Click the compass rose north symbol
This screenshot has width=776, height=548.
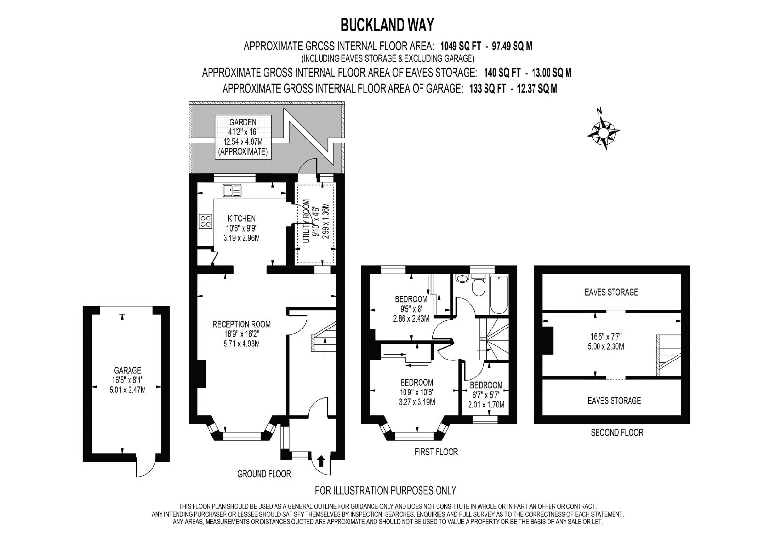pos(604,131)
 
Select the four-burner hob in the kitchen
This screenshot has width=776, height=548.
pos(206,221)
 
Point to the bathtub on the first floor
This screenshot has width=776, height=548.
pos(499,295)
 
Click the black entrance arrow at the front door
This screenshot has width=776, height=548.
pos(321,460)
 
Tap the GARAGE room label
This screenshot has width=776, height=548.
pos(128,370)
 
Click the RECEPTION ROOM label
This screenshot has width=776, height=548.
pos(242,324)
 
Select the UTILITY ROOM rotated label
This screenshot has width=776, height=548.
pos(306,221)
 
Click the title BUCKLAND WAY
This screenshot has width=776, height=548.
pos(388,25)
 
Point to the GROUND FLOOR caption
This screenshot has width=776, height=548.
pos(264,474)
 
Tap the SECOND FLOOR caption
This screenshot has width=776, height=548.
pos(617,432)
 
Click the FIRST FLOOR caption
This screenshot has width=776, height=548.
pos(436,452)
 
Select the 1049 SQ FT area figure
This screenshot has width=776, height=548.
pos(460,46)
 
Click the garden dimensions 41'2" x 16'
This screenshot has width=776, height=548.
pos(243,132)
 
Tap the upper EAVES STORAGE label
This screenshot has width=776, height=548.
pos(611,292)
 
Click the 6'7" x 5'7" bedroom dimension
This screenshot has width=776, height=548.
pos(486,394)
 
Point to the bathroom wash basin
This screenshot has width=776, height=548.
pos(462,278)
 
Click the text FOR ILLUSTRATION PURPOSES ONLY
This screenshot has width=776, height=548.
pos(385,490)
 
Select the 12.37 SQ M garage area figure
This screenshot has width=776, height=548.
pos(537,89)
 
